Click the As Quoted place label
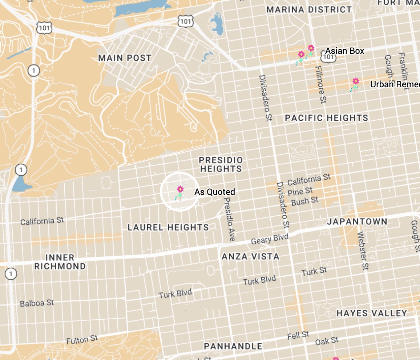pos(214,192)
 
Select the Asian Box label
pos(344,51)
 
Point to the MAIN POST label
pos(125,58)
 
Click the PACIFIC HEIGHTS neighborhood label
pos(326,118)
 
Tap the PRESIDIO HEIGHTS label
pos(221,164)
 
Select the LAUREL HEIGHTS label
pos(168,227)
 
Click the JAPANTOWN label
pos(357,221)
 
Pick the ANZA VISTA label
pos(250,256)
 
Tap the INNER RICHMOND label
pos(60,262)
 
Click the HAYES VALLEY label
pos(371,313)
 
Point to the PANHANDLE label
pos(233,346)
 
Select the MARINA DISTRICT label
pos(309,10)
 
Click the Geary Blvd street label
pos(270,239)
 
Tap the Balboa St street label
pos(37,303)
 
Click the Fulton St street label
pos(82,340)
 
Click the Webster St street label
pos(363,251)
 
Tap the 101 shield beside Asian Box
pos(329,57)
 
